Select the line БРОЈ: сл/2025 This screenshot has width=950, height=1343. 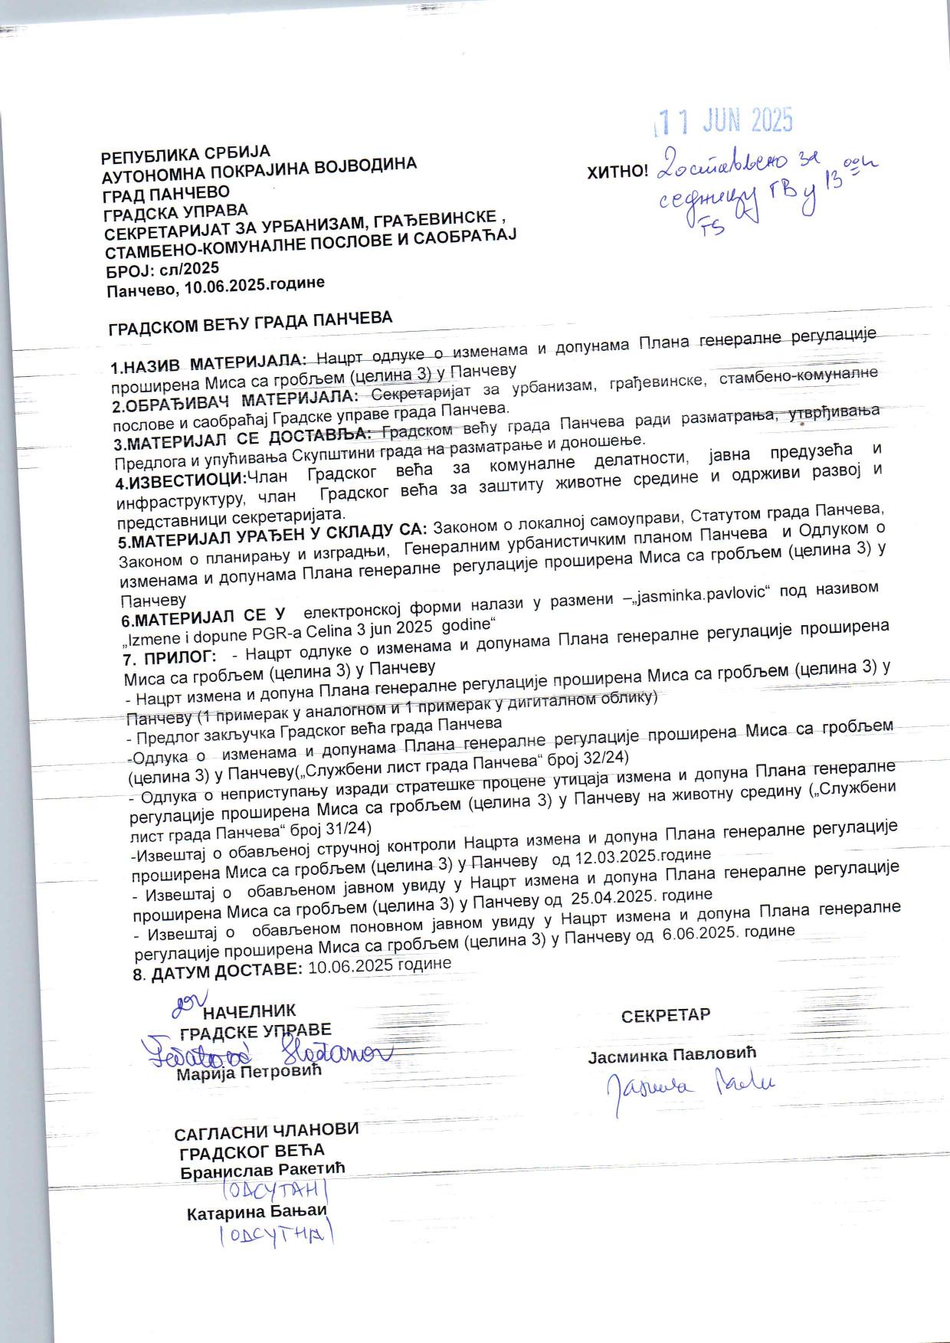162,269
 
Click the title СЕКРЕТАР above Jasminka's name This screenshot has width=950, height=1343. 665,1015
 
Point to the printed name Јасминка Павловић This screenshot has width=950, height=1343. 672,1054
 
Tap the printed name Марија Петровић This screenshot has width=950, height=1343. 249,1071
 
